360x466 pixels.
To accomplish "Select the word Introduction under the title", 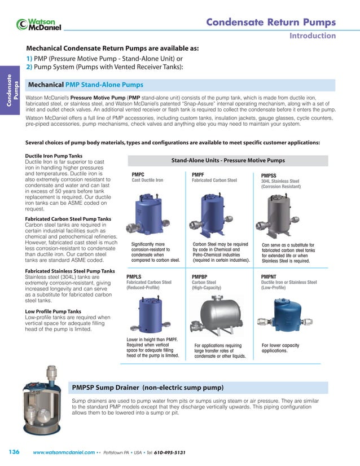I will [x=313, y=36].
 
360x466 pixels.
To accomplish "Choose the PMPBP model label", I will [x=200, y=277].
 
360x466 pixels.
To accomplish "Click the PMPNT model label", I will [x=270, y=277].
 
